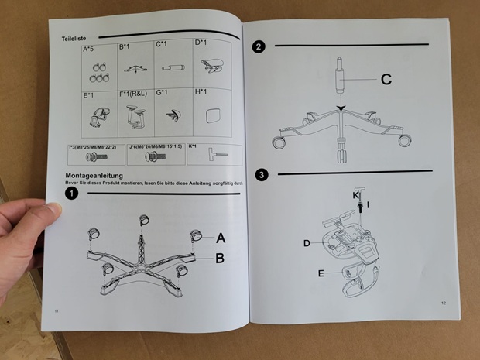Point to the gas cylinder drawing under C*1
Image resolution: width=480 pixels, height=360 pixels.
click(x=172, y=68)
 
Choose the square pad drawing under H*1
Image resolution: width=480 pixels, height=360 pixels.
click(x=209, y=115)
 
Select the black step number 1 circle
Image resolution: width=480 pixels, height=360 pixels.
click(x=72, y=194)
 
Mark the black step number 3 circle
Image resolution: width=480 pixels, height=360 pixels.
click(x=262, y=175)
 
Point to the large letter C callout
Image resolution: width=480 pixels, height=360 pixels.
click(x=386, y=79)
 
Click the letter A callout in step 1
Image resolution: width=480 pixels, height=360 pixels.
click(x=221, y=238)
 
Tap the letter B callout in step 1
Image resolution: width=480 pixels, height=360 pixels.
click(x=220, y=258)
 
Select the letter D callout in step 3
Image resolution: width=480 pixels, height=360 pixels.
click(x=307, y=243)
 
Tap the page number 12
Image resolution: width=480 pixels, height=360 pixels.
click(x=444, y=303)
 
